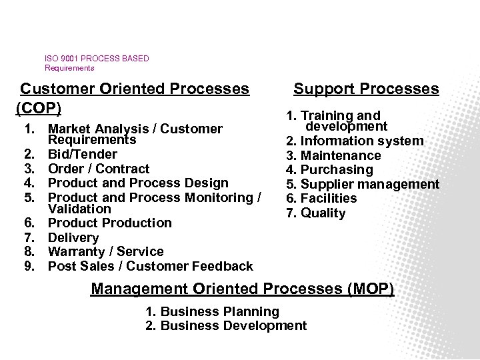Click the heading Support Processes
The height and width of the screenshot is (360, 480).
366,89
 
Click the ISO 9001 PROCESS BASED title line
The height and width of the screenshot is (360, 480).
97,59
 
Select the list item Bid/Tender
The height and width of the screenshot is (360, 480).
83,154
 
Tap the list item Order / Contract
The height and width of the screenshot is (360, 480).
99,169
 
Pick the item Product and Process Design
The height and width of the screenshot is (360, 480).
139,183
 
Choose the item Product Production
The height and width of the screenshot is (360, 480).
110,223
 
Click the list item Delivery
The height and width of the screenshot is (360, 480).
74,237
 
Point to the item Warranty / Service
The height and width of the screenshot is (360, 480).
106,251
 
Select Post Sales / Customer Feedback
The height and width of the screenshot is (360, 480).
151,266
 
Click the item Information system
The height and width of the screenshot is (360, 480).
361,141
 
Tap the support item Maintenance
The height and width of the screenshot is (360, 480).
340,155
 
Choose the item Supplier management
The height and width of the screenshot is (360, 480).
369,184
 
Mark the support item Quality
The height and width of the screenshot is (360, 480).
323,213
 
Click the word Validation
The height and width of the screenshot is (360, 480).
77,209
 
